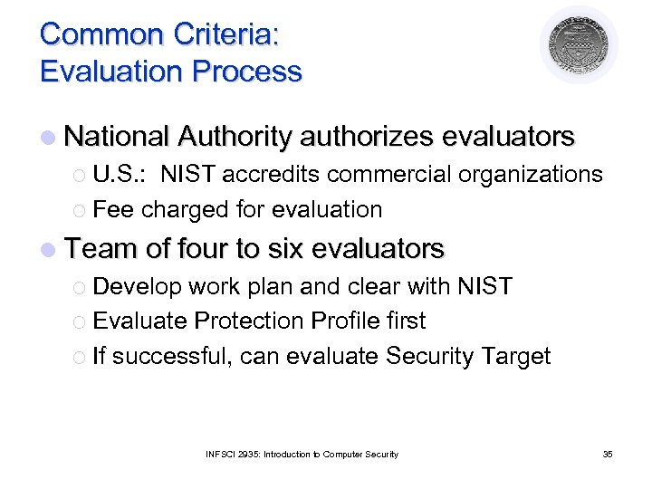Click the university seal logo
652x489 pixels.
[x=580, y=44]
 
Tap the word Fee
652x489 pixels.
[x=113, y=210]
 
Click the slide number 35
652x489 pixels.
[x=607, y=454]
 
